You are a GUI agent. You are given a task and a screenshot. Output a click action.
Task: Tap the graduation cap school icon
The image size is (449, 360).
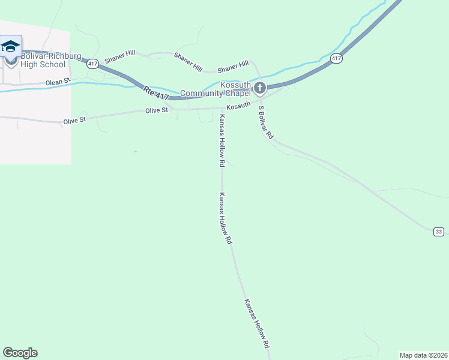[x=10, y=46]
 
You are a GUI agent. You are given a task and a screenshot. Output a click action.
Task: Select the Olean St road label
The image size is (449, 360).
[x=58, y=81]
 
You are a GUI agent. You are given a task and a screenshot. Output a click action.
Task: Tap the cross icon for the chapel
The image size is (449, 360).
[x=260, y=89]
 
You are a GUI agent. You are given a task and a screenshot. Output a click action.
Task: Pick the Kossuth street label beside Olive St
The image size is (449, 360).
[x=238, y=105]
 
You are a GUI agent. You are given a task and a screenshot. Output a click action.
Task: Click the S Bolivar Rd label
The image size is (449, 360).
[x=265, y=123]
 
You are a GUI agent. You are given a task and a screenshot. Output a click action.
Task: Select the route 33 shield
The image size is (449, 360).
[x=439, y=232]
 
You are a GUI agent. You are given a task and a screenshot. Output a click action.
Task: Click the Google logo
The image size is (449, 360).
[x=20, y=353]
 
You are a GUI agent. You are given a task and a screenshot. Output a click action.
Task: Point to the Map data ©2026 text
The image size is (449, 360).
[x=423, y=355]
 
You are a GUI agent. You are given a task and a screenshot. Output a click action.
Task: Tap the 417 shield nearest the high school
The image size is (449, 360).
[x=92, y=64]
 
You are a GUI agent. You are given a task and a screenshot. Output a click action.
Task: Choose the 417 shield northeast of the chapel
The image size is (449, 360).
[x=336, y=58]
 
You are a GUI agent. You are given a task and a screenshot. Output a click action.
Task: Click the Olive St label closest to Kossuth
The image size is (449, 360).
[x=156, y=110]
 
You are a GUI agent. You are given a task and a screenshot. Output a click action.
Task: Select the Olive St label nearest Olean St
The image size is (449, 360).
[x=75, y=121]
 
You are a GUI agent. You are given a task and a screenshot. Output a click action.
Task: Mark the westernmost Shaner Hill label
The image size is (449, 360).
[x=118, y=59]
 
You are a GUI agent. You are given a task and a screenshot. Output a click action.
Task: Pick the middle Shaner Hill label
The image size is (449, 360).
[x=188, y=62]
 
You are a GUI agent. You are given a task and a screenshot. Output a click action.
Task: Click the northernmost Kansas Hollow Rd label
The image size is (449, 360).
[x=221, y=140]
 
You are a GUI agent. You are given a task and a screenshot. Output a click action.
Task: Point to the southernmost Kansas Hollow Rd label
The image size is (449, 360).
[x=256, y=324]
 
